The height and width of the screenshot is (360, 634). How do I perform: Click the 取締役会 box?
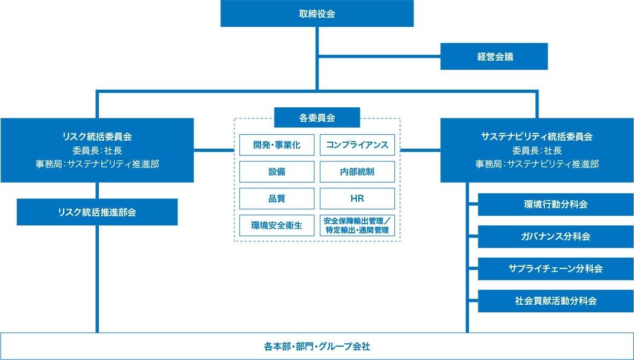tap(317, 14)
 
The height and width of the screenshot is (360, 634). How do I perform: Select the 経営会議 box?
tap(494, 56)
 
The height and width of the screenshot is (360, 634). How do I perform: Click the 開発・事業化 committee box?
tap(277, 145)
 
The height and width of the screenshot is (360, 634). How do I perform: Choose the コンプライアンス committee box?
tap(357, 145)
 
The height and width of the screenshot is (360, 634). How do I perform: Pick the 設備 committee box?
tap(277, 172)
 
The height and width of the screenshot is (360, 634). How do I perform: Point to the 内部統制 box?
tap(357, 172)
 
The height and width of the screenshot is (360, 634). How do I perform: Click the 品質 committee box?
tap(277, 199)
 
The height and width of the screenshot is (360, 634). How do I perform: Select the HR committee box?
tap(357, 199)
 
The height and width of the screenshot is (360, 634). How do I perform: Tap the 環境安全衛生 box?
tap(277, 225)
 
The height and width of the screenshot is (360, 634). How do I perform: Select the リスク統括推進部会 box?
tap(97, 212)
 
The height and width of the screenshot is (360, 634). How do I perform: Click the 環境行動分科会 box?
tap(556, 204)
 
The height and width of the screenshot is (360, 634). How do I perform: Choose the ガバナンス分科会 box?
tap(556, 237)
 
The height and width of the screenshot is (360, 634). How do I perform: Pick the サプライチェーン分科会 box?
tap(556, 269)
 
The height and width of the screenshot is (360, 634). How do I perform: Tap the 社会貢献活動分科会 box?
tap(556, 301)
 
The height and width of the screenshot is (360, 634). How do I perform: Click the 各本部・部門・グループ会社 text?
tap(317, 347)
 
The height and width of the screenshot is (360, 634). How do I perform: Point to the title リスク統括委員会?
tap(97, 137)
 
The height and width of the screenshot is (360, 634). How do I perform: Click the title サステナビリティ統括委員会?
tap(537, 137)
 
